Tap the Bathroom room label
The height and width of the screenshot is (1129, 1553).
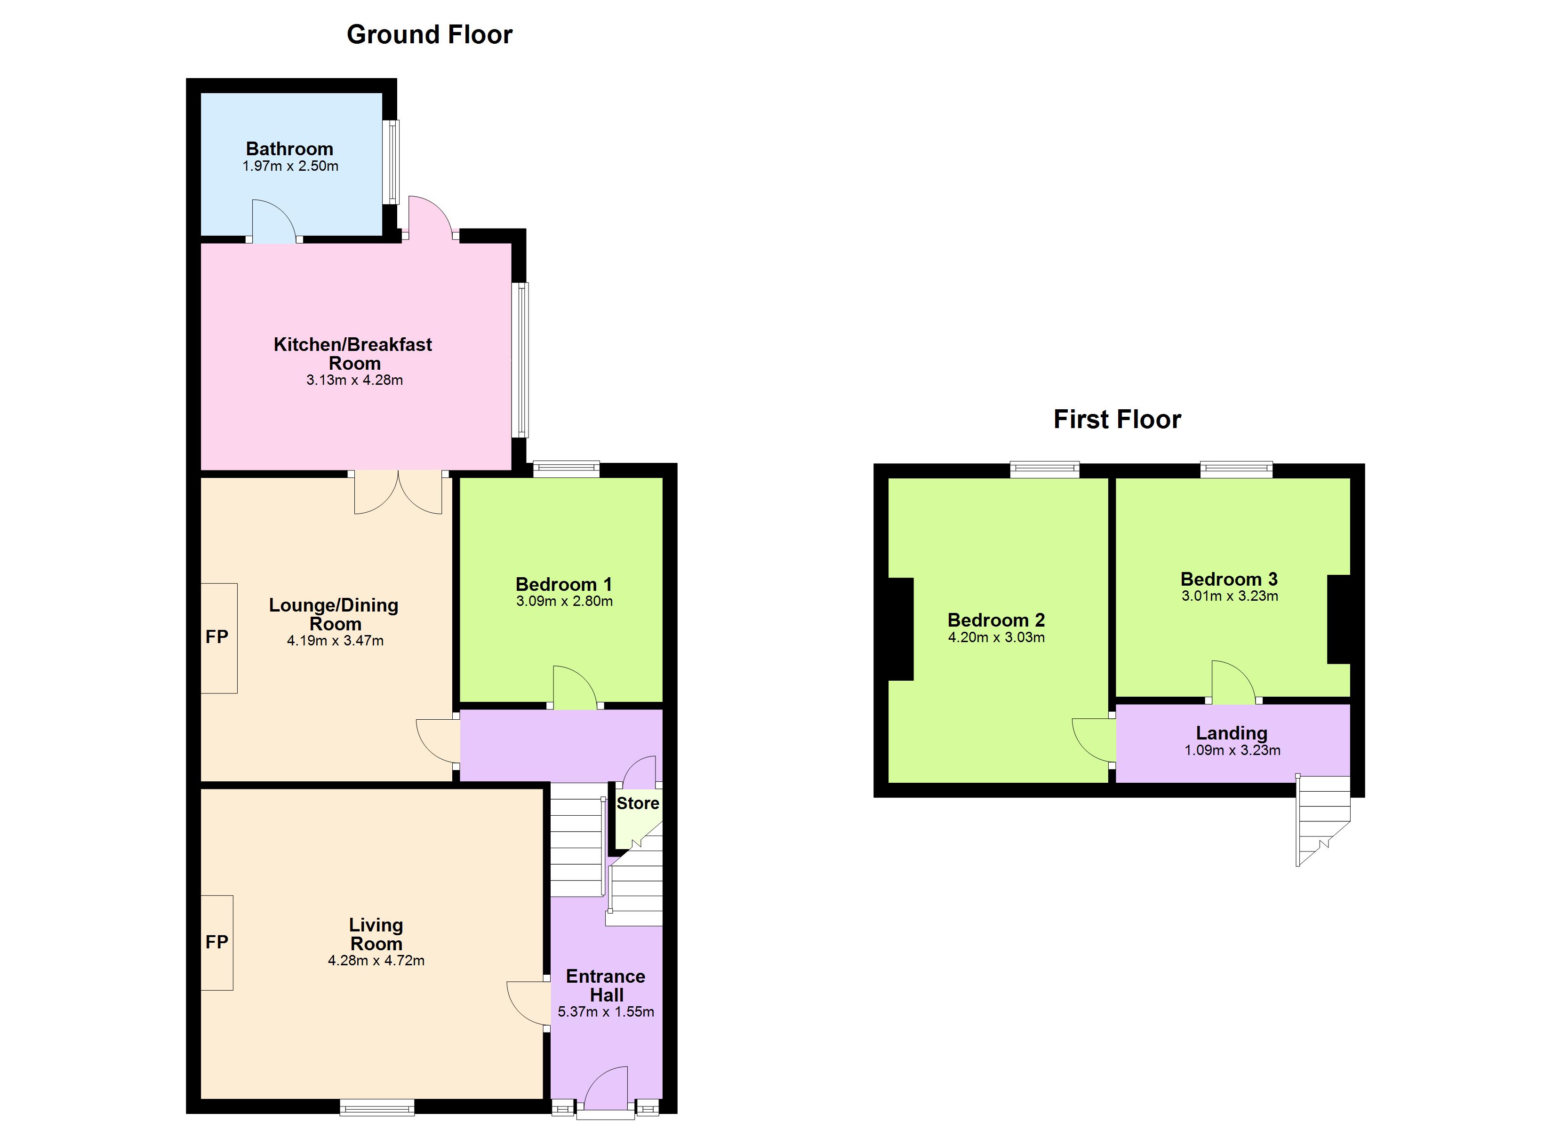289,149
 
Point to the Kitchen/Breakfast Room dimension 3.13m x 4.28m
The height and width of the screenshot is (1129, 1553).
355,380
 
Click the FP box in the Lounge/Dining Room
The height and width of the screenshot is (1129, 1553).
219,638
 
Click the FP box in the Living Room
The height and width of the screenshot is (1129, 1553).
217,943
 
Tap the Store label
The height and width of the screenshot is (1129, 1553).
638,803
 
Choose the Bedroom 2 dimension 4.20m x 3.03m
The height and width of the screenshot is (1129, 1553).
996,637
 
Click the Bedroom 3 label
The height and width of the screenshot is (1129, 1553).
1229,579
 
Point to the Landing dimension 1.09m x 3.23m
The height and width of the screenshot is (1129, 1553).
1233,750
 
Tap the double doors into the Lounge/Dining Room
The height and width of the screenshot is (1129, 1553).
398,492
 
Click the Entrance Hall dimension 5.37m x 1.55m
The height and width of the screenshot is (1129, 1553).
606,1012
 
